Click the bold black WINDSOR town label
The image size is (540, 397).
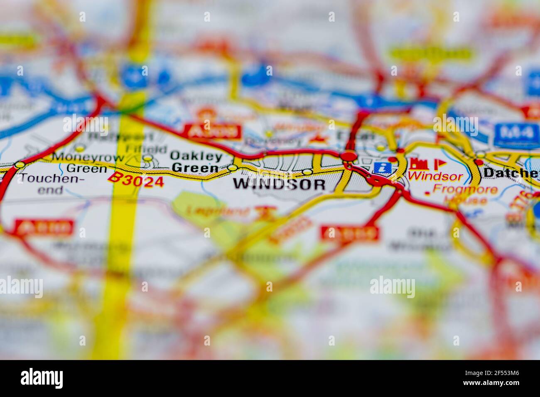pyautogui.click(x=279, y=184)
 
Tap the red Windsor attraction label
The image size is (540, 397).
pyautogui.click(x=435, y=176)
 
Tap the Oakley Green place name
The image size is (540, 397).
pyautogui.click(x=196, y=162)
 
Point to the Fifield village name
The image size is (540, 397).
pyautogui.click(x=137, y=148)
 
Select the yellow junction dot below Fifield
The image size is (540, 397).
pyautogui.click(x=147, y=158)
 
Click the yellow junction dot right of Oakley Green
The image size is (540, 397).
pyautogui.click(x=232, y=168)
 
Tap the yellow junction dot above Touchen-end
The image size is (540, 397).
pyautogui.click(x=19, y=165)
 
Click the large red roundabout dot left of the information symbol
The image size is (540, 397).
pyautogui.click(x=349, y=156)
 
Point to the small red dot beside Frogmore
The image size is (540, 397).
pyautogui.click(x=427, y=193)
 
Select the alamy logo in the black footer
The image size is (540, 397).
pyautogui.click(x=42, y=378)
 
